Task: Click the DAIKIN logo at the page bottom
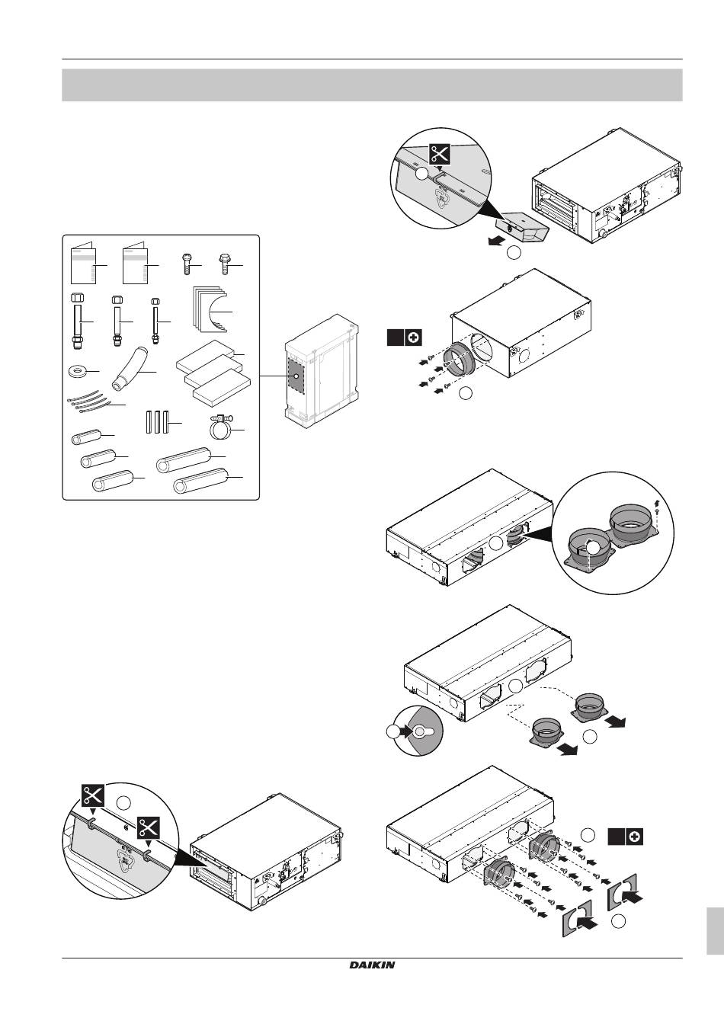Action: point(373,965)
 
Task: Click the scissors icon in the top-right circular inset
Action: point(438,153)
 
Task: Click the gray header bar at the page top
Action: point(371,85)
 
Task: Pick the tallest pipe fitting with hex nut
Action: point(77,319)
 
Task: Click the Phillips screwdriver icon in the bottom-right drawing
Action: point(634,837)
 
